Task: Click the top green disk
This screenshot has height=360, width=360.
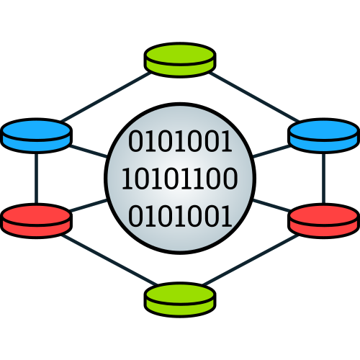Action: [x=180, y=60]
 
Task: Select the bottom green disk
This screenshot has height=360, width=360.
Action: [x=180, y=300]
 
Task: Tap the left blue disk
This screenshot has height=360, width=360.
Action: [x=36, y=135]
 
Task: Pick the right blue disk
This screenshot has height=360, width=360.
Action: [x=324, y=135]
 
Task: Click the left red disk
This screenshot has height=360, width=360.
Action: [x=36, y=221]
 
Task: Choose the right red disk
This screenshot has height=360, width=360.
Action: [x=324, y=221]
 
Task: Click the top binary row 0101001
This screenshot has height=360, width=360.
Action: [x=180, y=141]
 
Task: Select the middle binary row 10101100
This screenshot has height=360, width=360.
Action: [x=180, y=179]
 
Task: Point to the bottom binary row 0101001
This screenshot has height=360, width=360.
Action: [x=180, y=216]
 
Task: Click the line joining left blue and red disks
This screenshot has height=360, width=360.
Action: [x=36, y=179]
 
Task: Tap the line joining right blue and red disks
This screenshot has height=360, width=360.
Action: [x=324, y=179]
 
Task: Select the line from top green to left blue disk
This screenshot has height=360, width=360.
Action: [x=106, y=96]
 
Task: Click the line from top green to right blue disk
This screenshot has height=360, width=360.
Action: [x=254, y=96]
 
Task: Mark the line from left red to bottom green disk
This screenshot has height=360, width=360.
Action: [x=109, y=260]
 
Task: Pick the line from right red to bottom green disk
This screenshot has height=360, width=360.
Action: [x=251, y=260]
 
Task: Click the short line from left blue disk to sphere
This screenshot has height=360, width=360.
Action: [x=89, y=151]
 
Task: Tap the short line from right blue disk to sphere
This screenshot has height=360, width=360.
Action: [x=271, y=151]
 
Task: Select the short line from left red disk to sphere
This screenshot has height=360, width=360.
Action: [x=89, y=205]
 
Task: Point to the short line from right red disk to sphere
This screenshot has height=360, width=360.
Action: [x=271, y=205]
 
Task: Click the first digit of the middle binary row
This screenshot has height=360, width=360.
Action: [x=127, y=179]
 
